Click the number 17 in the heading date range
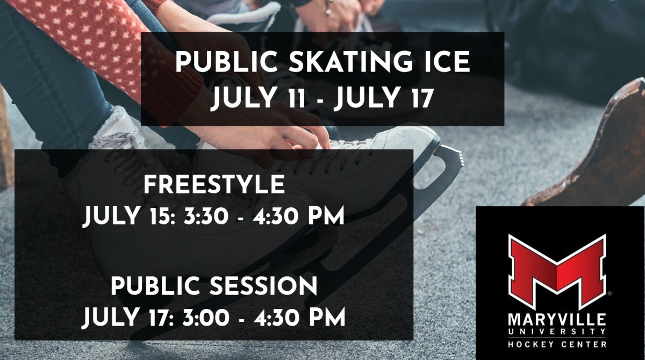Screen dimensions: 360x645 [x=420, y=99]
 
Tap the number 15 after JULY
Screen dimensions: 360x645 [x=156, y=217]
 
